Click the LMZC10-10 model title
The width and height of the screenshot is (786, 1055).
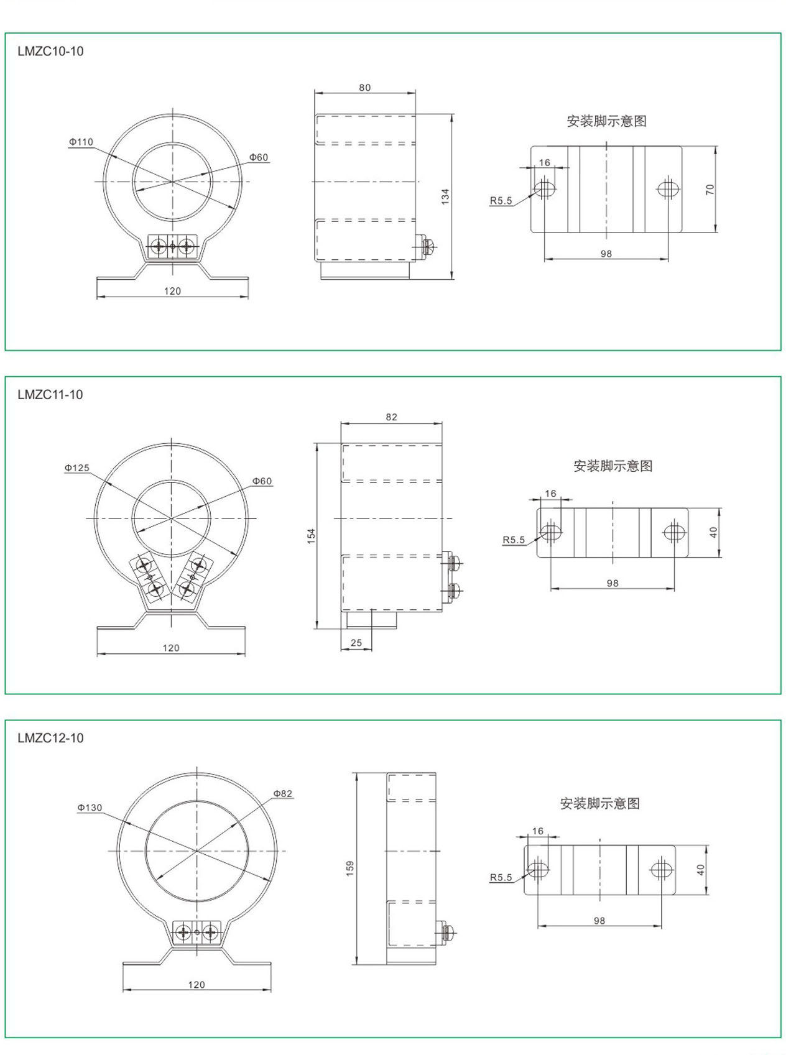point(50,52)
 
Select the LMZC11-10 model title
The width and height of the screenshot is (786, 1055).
point(50,395)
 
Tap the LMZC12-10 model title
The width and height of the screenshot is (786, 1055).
point(50,738)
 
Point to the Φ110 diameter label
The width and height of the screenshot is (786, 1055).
point(81,142)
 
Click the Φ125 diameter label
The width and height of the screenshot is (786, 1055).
point(77,468)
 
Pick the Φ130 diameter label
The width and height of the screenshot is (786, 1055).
point(90,808)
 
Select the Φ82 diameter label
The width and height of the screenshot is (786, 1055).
point(282,793)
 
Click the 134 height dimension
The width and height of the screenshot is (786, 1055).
point(445,196)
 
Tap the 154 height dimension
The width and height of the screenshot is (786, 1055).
point(311,536)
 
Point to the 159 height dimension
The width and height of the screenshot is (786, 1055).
point(350,868)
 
